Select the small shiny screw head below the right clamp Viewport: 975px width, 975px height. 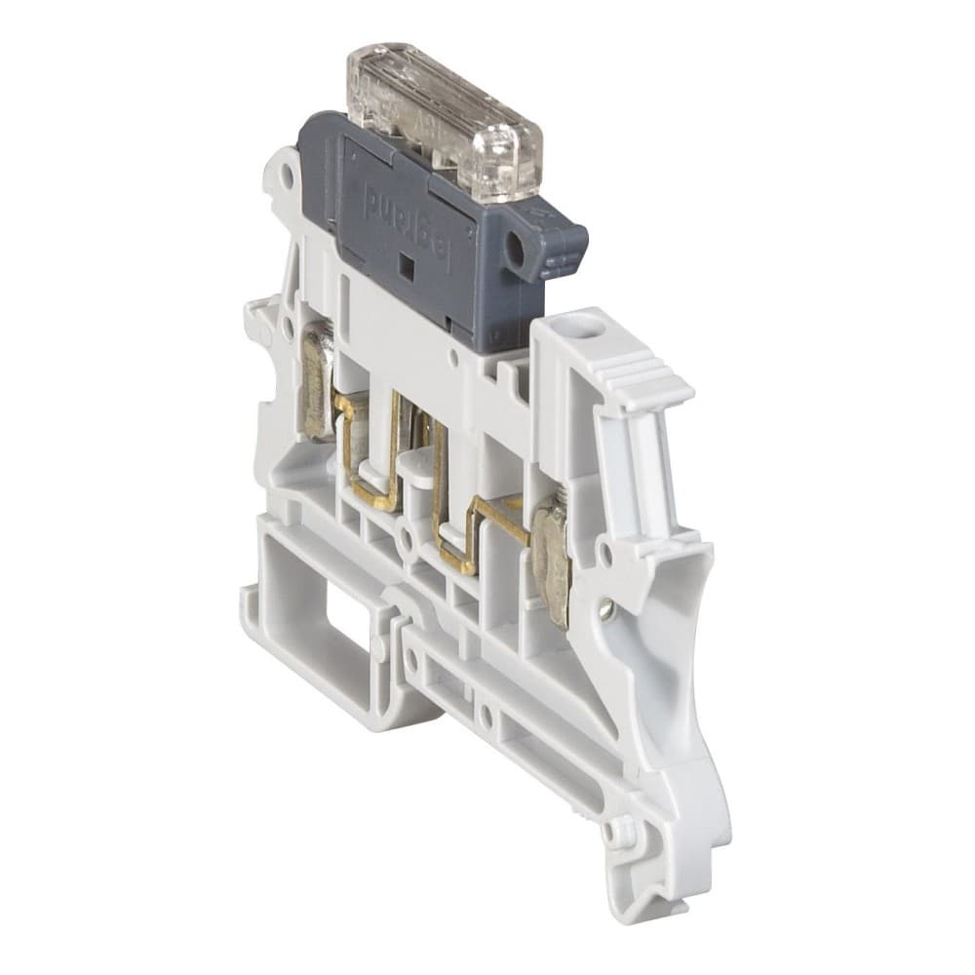(x=605, y=610)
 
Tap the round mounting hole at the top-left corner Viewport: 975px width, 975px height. (x=286, y=176)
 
